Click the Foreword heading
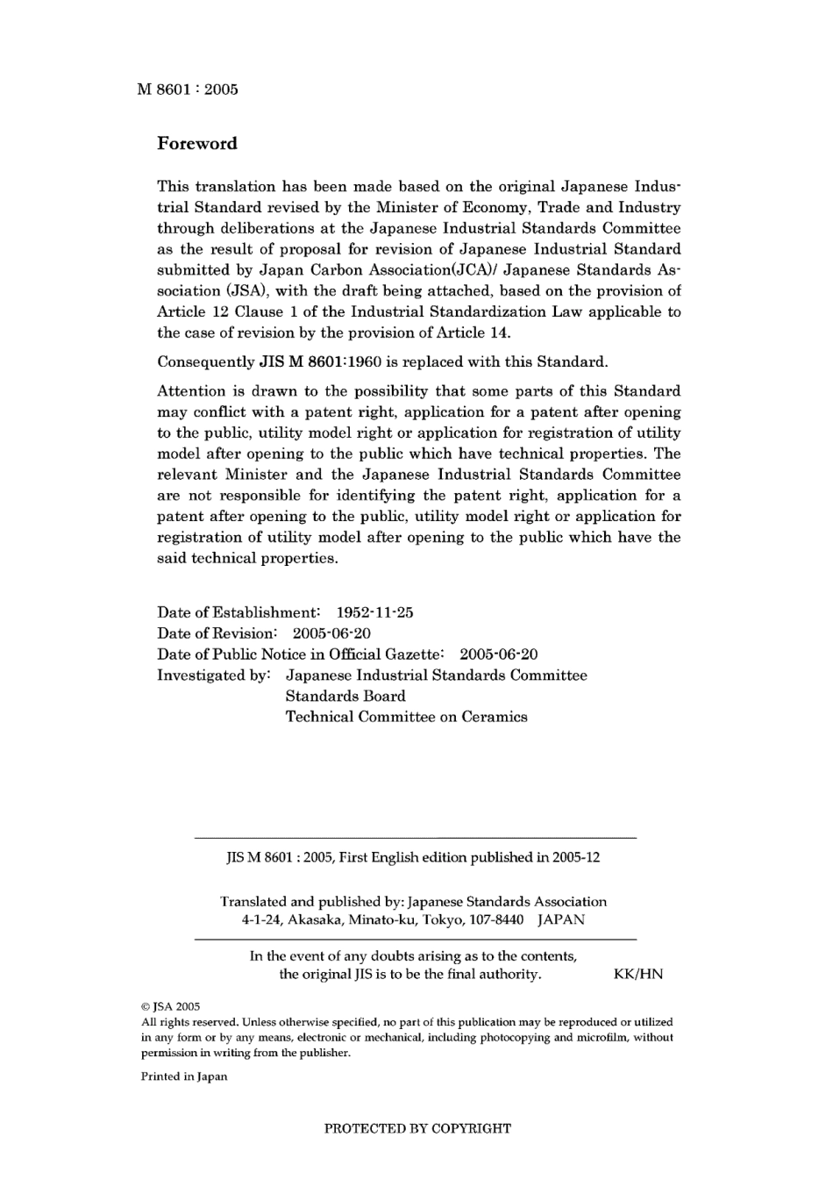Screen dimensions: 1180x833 click(197, 144)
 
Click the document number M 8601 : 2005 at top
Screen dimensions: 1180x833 click(188, 89)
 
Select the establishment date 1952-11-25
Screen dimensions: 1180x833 click(375, 612)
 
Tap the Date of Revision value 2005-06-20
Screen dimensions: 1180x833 click(332, 633)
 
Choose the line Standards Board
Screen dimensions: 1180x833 click(345, 697)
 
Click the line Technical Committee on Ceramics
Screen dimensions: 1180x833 click(407, 717)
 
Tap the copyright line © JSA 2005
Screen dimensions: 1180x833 click(171, 1006)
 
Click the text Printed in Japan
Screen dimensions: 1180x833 click(184, 1076)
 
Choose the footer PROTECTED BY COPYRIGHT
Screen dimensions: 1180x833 click(417, 1128)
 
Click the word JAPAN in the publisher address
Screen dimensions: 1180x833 click(562, 919)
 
